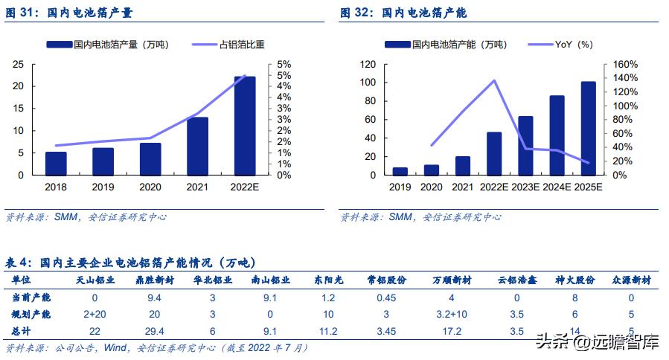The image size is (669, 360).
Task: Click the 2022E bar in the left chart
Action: click(245, 126)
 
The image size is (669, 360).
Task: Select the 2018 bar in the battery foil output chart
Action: click(56, 164)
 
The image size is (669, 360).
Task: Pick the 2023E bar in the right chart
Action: click(525, 145)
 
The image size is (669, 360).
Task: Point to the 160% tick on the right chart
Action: click(624, 64)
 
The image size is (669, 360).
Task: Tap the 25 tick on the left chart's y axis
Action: click(17, 64)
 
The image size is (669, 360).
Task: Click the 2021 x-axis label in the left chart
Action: click(197, 187)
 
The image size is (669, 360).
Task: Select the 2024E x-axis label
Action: click(557, 187)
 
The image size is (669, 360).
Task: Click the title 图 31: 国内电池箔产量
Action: click(71, 13)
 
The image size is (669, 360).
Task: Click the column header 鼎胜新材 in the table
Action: click(155, 280)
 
